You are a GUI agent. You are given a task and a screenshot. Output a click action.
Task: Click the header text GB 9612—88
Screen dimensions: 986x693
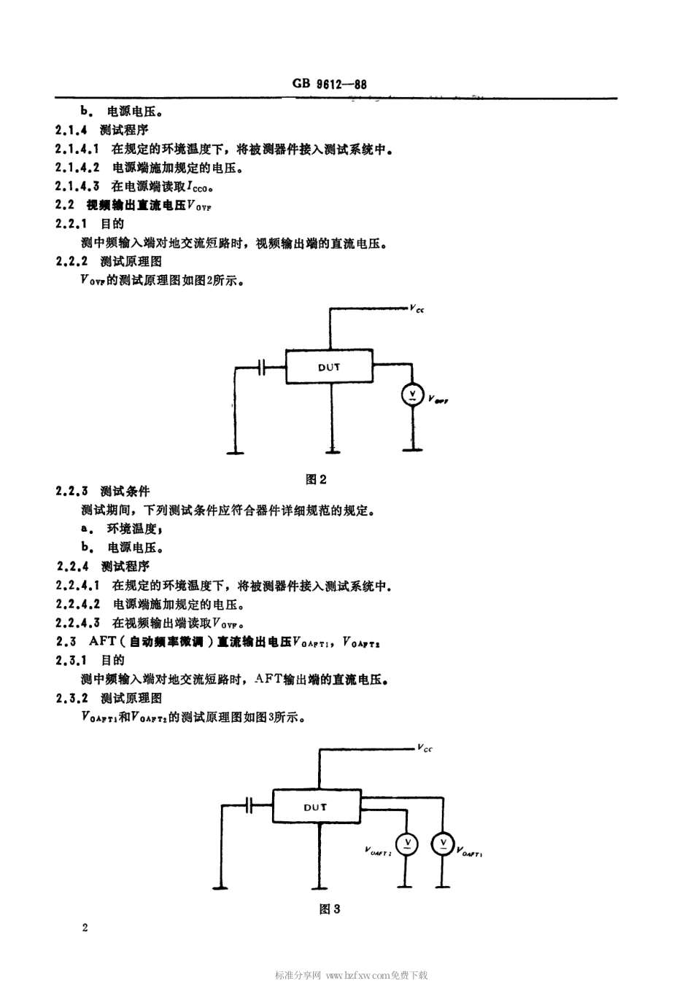[330, 84]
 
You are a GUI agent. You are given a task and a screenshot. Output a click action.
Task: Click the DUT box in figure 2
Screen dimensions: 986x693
[329, 367]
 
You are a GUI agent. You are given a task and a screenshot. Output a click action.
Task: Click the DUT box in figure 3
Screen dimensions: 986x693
[316, 807]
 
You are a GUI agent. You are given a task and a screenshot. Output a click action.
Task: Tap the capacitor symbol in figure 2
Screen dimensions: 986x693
[263, 368]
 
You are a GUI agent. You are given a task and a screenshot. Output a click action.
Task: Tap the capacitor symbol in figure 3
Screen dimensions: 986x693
[249, 805]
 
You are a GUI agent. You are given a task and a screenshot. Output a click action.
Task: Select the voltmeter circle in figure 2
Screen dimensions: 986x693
[412, 395]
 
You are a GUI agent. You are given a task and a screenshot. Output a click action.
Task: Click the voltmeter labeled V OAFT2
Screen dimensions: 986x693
[408, 845]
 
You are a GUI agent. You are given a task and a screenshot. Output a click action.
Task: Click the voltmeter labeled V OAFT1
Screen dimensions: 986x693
[442, 845]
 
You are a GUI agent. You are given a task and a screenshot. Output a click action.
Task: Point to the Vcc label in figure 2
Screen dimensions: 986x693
[417, 310]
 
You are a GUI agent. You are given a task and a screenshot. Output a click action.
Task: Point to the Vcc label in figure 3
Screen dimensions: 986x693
[425, 749]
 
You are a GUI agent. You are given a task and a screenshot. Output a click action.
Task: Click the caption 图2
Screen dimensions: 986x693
[316, 479]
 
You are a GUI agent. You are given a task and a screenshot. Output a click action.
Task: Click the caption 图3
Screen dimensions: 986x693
[330, 909]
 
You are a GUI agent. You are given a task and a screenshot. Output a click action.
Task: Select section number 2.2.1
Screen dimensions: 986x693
[71, 224]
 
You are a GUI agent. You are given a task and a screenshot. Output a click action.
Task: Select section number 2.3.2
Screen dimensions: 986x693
[71, 698]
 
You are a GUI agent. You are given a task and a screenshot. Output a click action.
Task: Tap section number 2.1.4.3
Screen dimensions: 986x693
[77, 186]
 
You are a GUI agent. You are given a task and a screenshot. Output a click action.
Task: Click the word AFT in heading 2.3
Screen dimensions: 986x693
[103, 642]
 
